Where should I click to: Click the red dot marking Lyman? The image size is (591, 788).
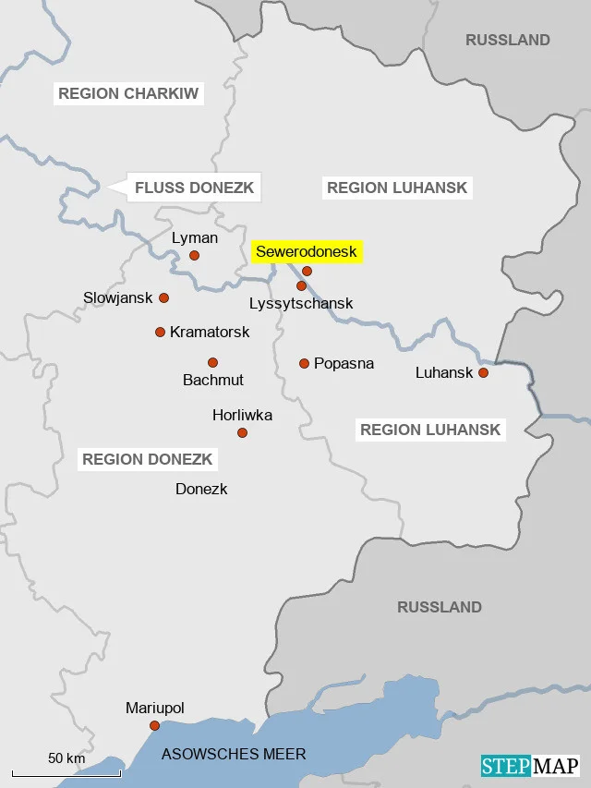(194, 256)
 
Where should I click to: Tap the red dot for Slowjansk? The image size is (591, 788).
(163, 297)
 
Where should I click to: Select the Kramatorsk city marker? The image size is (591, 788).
(160, 332)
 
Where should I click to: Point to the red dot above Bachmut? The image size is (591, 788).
(212, 362)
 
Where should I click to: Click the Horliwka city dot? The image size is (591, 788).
(242, 432)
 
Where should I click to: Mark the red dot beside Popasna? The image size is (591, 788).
(304, 363)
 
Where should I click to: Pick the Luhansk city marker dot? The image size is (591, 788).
(482, 372)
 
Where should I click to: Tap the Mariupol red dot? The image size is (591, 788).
(154, 725)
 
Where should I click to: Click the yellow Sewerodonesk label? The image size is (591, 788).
(306, 251)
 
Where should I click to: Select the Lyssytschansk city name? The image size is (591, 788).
(301, 303)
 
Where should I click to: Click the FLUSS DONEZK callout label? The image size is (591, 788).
(193, 188)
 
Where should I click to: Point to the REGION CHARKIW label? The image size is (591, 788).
(128, 93)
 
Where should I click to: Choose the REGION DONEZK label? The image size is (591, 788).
(148, 459)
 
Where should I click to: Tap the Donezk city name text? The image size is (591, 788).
(201, 489)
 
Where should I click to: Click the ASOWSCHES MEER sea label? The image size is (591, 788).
(234, 754)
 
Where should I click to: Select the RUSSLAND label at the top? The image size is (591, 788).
(507, 40)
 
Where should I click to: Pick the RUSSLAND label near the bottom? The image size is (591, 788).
(440, 607)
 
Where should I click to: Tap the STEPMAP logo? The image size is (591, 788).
(530, 766)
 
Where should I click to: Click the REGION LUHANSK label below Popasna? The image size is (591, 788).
(430, 430)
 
